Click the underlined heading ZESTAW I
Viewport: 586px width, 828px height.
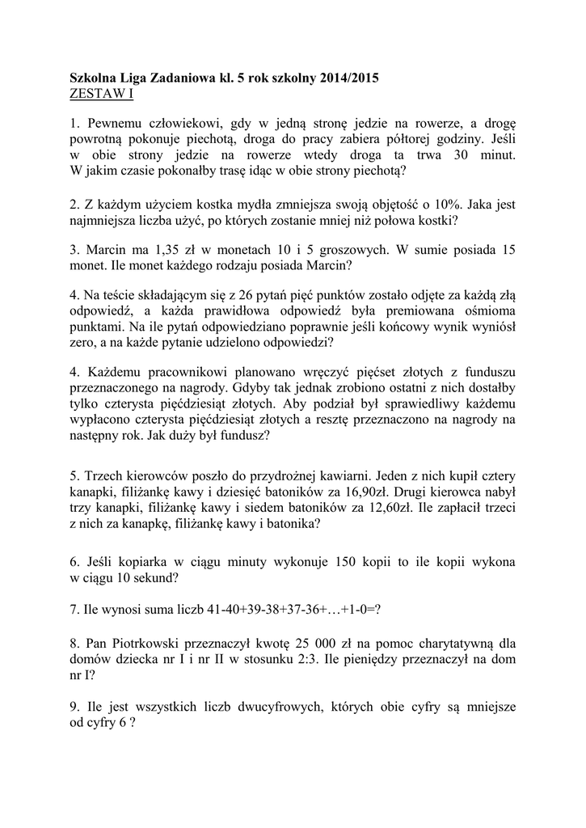pos(102,94)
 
